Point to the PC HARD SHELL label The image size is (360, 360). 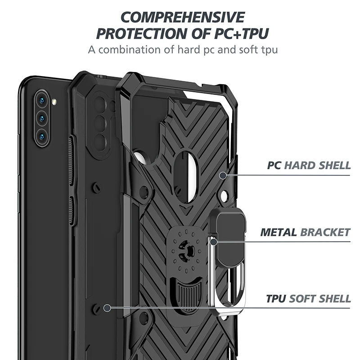pyautogui.click(x=309, y=165)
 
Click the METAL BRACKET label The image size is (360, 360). pyautogui.click(x=305, y=233)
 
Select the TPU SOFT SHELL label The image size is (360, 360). pyautogui.click(x=308, y=298)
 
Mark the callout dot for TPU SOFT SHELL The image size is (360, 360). pyautogui.click(x=107, y=308)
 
